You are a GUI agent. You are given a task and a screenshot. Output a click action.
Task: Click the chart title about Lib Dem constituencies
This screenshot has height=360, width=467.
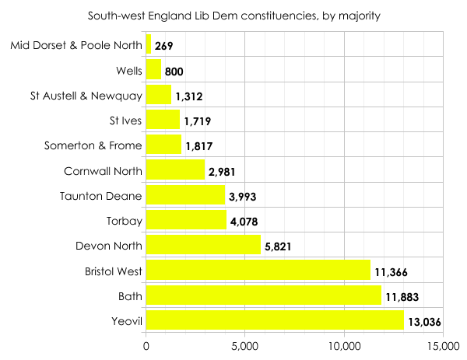pyautogui.click(x=233, y=15)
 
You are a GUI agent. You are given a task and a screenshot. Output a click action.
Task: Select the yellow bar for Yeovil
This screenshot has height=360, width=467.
pyautogui.click(x=276, y=320)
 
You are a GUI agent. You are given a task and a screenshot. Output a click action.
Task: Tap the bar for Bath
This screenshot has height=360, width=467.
pyautogui.click(x=264, y=295)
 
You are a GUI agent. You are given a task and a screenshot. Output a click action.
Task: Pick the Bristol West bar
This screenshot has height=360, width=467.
pyautogui.click(x=258, y=271)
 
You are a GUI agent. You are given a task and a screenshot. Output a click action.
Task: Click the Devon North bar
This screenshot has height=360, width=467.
pyautogui.click(x=204, y=246)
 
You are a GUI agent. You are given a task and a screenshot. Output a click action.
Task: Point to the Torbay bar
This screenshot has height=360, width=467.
pyautogui.click(x=186, y=221)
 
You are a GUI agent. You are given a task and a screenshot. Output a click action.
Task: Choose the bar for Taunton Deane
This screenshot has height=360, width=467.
pyautogui.click(x=185, y=196)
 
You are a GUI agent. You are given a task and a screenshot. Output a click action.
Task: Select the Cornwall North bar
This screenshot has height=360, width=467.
pyautogui.click(x=175, y=170)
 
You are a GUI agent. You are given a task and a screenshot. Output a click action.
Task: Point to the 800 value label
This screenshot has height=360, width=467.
pyautogui.click(x=174, y=72)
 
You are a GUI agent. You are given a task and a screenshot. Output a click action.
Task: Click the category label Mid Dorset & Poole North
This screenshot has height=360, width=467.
pyautogui.click(x=76, y=45)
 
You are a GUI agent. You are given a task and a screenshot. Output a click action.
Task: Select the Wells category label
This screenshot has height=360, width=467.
pyautogui.click(x=128, y=71)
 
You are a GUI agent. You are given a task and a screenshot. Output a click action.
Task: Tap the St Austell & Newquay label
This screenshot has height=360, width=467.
pyautogui.click(x=86, y=96)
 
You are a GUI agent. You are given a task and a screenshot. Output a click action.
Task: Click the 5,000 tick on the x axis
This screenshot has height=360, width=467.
pyautogui.click(x=245, y=346)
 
